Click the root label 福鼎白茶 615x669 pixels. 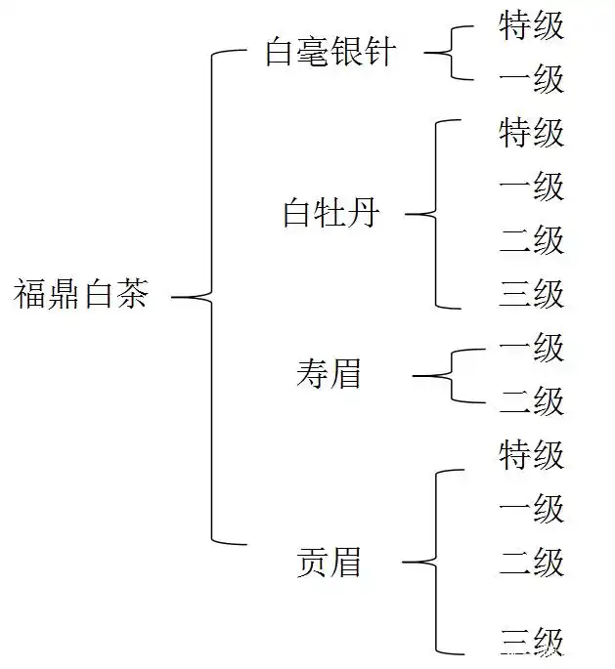click(81, 294)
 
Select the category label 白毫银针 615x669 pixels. click(329, 52)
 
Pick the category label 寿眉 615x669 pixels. click(329, 374)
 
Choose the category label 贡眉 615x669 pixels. click(329, 562)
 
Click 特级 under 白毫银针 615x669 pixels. click(531, 26)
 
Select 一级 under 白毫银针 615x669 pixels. click(531, 79)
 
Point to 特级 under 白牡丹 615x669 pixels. click(531, 133)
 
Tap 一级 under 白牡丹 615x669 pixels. click(531, 187)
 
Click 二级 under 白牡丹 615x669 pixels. click(531, 240)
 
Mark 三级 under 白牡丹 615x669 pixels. click(531, 294)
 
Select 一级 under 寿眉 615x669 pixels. click(531, 348)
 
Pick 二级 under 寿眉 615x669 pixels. click(531, 401)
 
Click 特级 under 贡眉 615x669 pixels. click(531, 455)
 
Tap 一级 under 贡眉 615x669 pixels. click(531, 509)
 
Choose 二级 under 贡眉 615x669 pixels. click(531, 563)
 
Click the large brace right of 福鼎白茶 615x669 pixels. click(211, 296)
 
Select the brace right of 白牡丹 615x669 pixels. click(433, 214)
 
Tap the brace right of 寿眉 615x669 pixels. click(451, 375)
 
